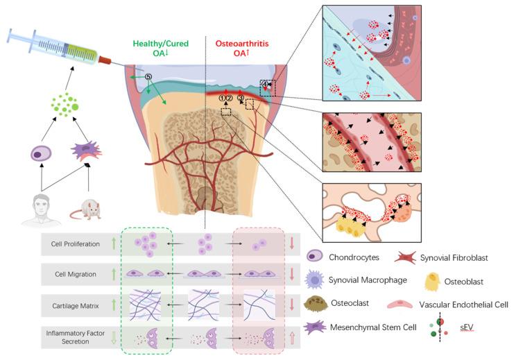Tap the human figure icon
35,204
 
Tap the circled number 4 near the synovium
264,85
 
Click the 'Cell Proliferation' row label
71,243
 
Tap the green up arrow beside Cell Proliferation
111,243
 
